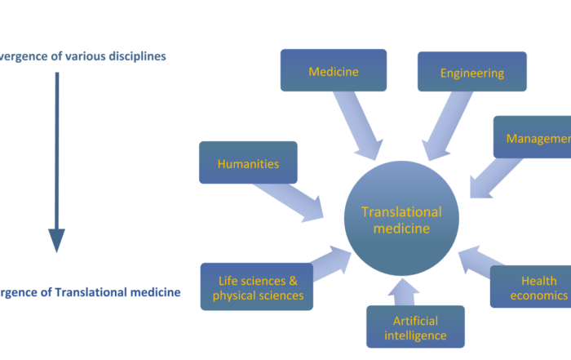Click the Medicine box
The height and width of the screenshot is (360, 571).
click(x=334, y=71)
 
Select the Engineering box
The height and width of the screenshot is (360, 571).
click(x=471, y=73)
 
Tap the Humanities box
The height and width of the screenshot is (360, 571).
click(x=248, y=163)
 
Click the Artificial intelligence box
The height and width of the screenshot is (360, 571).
click(x=415, y=327)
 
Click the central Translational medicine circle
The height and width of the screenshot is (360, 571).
click(x=401, y=219)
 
